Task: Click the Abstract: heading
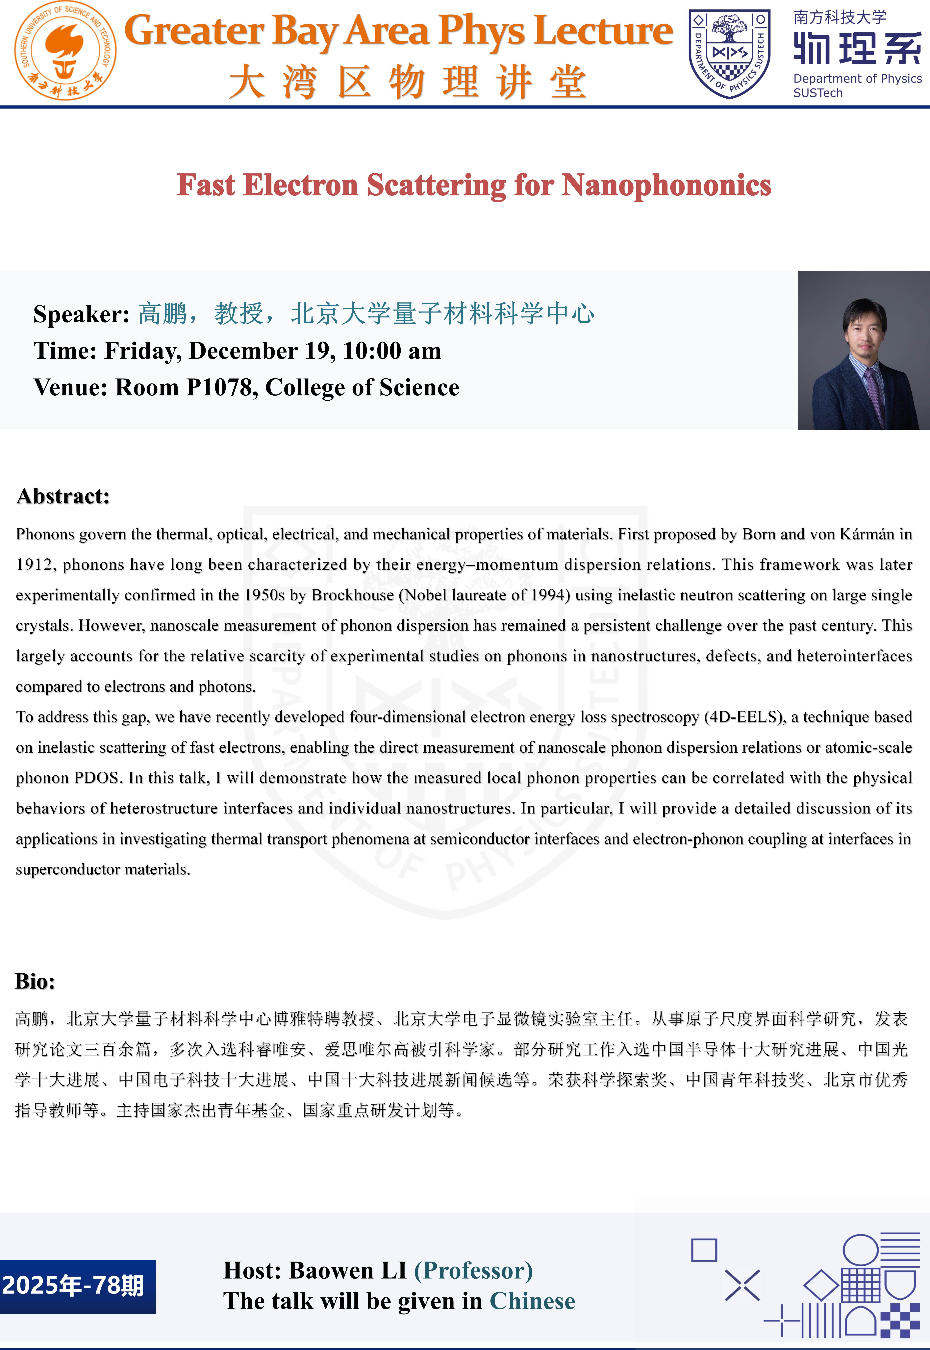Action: pyautogui.click(x=63, y=496)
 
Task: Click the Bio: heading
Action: pyautogui.click(x=35, y=981)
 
